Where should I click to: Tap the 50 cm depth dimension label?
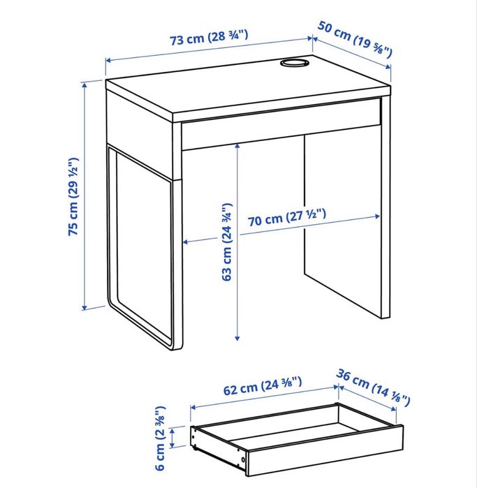tap(355, 38)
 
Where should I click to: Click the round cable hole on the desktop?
tap(294, 64)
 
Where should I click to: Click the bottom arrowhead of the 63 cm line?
tap(237, 338)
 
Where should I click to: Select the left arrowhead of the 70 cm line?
tap(185, 243)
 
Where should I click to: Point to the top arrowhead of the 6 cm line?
tap(191, 427)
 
